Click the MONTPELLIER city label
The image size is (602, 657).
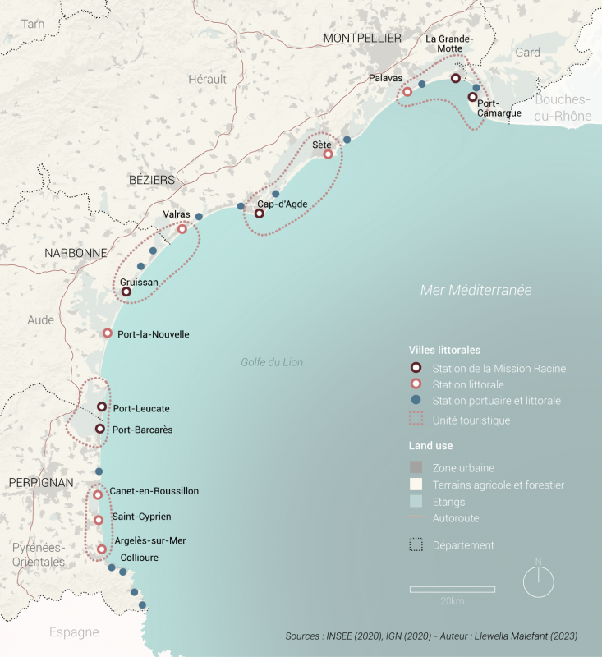pyautogui.click(x=362, y=39)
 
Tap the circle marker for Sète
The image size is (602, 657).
pyautogui.click(x=328, y=154)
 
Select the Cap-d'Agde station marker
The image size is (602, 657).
pyautogui.click(x=259, y=214)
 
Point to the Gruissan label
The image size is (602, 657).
pyautogui.click(x=139, y=282)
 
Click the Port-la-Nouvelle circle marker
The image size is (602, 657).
pyautogui.click(x=107, y=333)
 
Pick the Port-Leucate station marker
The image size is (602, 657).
pyautogui.click(x=102, y=407)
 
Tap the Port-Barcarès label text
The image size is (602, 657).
pyautogui.click(x=142, y=430)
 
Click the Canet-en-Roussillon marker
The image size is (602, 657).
pyautogui.click(x=98, y=494)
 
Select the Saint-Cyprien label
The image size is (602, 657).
pyautogui.click(x=141, y=517)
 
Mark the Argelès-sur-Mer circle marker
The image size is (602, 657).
pyautogui.click(x=102, y=549)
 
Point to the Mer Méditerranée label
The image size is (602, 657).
pyautogui.click(x=476, y=291)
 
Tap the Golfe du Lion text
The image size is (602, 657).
pyautogui.click(x=272, y=362)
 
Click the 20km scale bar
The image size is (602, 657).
pyautogui.click(x=452, y=589)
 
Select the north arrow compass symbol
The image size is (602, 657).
pyautogui.click(x=539, y=581)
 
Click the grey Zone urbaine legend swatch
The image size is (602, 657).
pyautogui.click(x=416, y=468)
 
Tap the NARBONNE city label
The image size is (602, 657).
pyautogui.click(x=76, y=253)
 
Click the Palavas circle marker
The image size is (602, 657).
pyautogui.click(x=407, y=93)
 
